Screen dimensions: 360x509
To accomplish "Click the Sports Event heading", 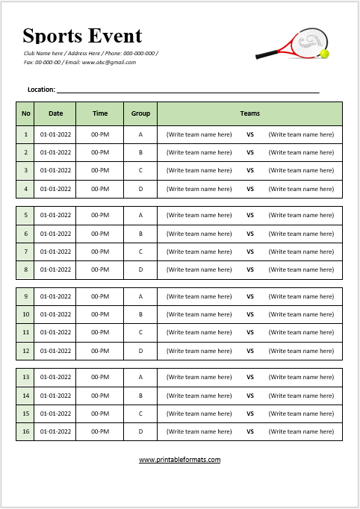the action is coord(82,35).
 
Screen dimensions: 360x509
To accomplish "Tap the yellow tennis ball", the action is coord(325,54).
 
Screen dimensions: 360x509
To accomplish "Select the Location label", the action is coord(41,90).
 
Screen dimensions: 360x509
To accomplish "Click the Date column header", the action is coord(56,113).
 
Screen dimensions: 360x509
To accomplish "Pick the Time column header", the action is coord(100,113).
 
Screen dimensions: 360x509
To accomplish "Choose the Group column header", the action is coord(140,113).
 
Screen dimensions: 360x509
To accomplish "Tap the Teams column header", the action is coord(250,113).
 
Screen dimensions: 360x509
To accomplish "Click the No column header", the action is coord(26,113).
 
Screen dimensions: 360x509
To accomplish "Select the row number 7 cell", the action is coord(26,252).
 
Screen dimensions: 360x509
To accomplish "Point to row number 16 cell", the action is coord(26,431).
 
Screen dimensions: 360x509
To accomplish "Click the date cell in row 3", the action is coord(56,170).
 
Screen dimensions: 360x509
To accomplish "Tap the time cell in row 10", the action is coord(100,314).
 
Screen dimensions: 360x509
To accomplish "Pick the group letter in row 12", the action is coord(140,351).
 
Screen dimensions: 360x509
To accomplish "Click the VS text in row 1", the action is coord(250,134).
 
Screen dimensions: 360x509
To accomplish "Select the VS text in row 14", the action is coord(250,396).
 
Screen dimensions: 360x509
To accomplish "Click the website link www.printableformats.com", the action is coord(179,460).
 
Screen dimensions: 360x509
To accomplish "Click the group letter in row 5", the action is coord(140,215).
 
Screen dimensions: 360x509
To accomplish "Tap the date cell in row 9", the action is coord(56,296).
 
